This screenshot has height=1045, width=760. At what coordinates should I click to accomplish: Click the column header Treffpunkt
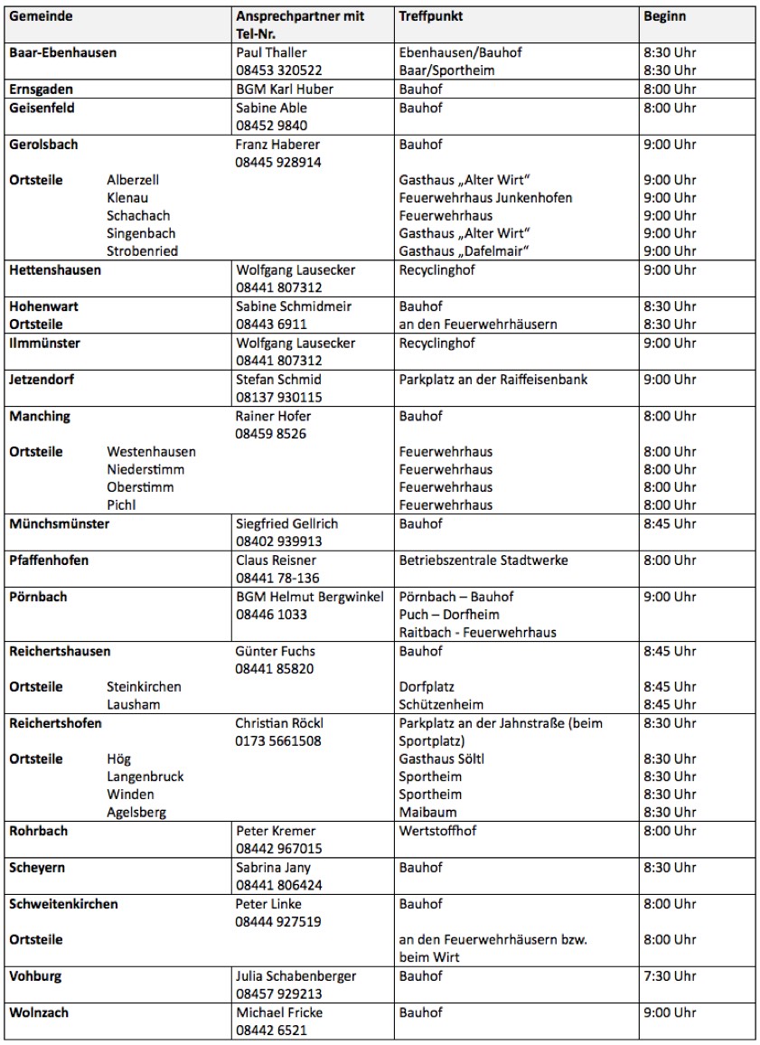[430, 17]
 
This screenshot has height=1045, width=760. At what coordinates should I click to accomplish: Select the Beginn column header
[664, 17]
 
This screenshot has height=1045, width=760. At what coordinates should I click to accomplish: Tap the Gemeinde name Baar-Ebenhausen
[62, 52]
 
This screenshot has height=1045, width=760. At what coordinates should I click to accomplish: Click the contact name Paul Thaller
[271, 52]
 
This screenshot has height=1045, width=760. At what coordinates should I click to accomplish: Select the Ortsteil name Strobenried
[142, 251]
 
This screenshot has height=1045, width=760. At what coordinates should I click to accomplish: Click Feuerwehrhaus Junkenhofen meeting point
[485, 197]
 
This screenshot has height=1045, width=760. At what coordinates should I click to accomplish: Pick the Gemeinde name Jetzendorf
[42, 380]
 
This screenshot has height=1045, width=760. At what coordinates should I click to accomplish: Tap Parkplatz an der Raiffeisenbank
[493, 380]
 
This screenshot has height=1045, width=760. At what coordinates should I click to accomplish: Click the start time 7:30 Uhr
[670, 976]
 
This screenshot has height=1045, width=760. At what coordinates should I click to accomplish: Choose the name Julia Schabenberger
[296, 976]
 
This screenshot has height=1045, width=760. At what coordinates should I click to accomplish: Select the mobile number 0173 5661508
[278, 741]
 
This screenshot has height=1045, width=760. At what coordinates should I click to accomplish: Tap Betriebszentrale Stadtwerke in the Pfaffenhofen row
[483, 560]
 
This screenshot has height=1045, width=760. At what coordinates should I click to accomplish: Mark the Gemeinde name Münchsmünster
[59, 523]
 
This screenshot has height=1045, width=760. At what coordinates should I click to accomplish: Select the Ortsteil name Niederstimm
[144, 469]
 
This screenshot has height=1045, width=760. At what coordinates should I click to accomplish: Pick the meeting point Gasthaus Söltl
[442, 758]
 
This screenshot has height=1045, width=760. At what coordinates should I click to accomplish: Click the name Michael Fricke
[279, 1012]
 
